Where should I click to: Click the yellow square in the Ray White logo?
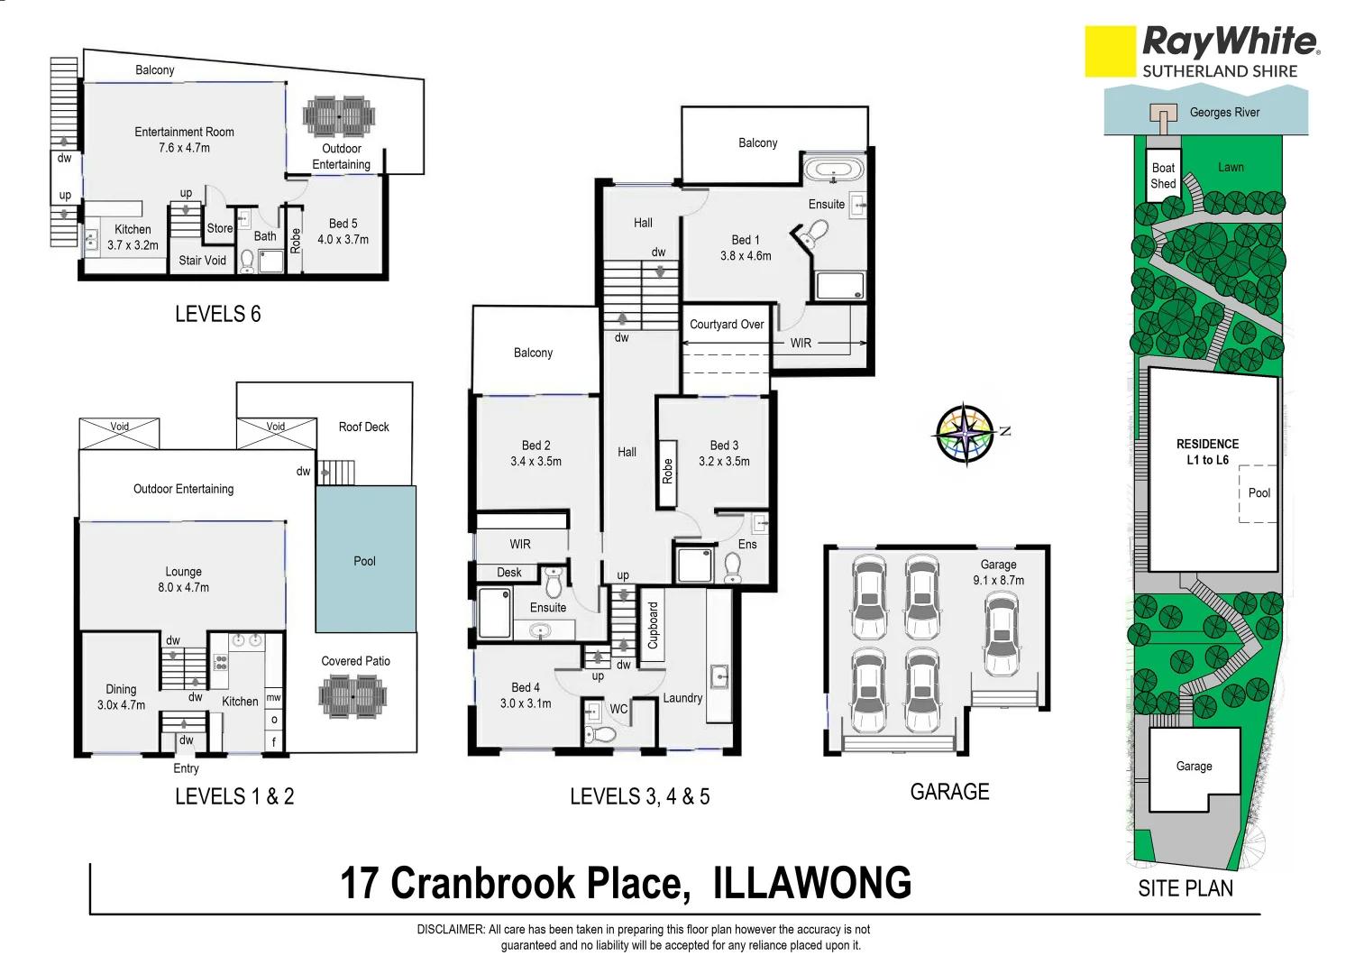point(1110,51)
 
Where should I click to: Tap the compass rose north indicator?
point(966,434)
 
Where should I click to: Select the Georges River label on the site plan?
point(1223,113)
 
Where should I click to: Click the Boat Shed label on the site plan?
point(1163,176)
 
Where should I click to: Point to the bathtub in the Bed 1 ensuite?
point(833,170)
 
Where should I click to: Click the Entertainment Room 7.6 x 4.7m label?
point(184,140)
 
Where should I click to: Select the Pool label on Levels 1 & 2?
point(364,561)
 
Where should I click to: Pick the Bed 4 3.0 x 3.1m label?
point(526,695)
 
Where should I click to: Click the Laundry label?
point(682,698)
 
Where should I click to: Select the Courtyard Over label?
point(727,325)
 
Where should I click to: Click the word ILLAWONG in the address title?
point(812,884)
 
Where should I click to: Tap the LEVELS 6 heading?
point(217,314)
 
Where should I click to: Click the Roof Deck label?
point(363,427)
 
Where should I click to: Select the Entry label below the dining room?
point(186,768)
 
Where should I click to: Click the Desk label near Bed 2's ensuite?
point(508,573)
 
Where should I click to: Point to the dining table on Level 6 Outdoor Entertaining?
point(339,116)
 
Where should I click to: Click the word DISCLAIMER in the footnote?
point(450,929)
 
